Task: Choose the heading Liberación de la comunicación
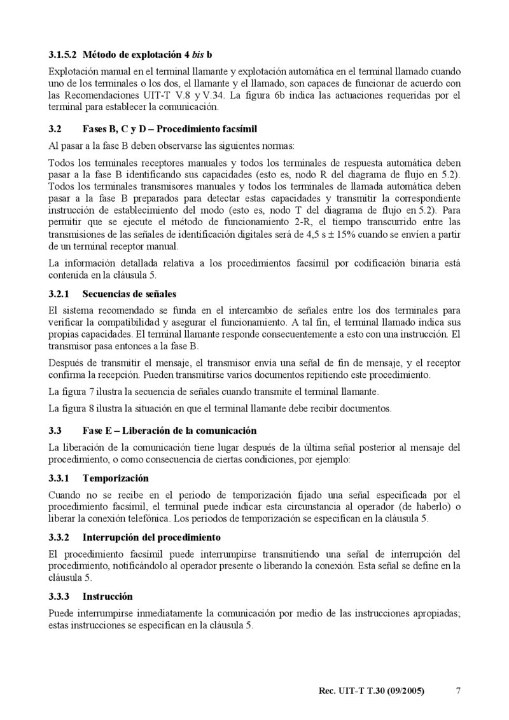183,431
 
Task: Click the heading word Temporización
116,477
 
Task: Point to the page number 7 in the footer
459,691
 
